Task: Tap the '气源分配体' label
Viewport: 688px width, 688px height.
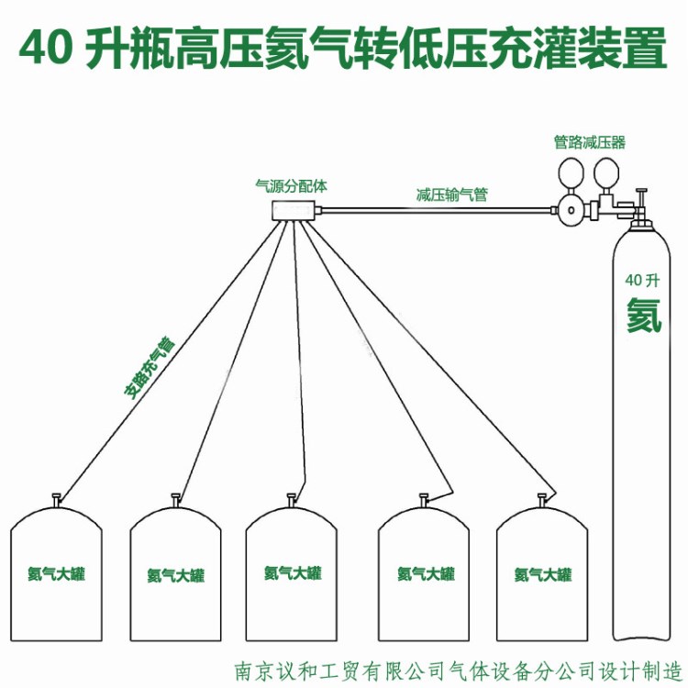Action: [x=291, y=185]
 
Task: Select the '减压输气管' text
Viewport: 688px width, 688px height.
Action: [x=451, y=194]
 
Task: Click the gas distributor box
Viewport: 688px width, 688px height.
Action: [x=294, y=210]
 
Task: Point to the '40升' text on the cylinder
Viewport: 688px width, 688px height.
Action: [x=642, y=280]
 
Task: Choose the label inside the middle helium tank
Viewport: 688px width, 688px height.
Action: [x=293, y=573]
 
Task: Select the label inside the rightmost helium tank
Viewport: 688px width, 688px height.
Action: [x=543, y=575]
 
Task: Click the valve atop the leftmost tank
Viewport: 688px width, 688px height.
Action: [x=57, y=500]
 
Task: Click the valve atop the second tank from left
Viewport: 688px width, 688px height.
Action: [x=175, y=500]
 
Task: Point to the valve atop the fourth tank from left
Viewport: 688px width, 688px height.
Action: [x=425, y=500]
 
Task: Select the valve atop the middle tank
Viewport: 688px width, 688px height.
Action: [x=292, y=500]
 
